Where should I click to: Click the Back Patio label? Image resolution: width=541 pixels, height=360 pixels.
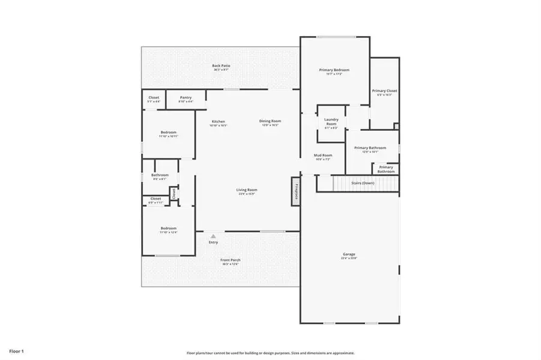221,65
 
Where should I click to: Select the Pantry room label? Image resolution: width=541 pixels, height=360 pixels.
186,97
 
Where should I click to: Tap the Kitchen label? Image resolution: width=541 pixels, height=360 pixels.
217,121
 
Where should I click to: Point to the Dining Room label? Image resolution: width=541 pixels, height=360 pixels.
270,121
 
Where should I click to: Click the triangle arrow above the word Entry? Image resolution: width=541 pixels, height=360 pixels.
213,236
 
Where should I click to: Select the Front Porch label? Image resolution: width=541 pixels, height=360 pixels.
231,260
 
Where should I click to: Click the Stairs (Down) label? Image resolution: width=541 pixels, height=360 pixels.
363,182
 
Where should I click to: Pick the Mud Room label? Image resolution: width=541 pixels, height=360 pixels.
322,155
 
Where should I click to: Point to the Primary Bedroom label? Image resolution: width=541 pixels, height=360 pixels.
334,70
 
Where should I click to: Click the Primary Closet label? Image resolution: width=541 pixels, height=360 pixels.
384,91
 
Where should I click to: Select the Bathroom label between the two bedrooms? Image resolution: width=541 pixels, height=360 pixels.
160,175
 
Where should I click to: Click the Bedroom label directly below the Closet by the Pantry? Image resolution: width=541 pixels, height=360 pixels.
168,133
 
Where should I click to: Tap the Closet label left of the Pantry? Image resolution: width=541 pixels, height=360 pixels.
154,97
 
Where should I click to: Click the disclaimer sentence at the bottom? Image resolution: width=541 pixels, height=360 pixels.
270,353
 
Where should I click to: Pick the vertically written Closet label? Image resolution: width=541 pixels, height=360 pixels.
174,193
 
